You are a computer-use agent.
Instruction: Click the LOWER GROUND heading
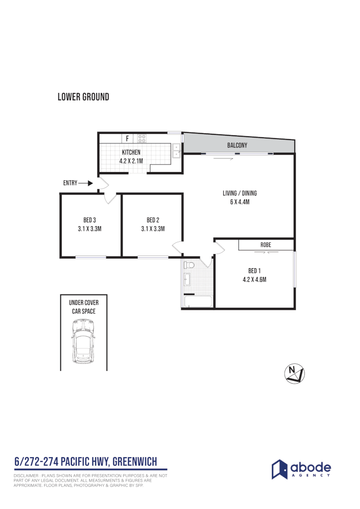tap(83, 97)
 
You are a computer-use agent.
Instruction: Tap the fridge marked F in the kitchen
tap(127, 139)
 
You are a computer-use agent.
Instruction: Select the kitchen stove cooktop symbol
tap(142, 139)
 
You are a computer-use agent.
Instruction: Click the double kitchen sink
tap(177, 150)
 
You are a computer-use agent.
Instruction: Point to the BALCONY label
tap(237, 146)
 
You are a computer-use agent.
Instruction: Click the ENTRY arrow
tap(86, 183)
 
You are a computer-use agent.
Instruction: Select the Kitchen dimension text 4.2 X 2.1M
tap(131, 161)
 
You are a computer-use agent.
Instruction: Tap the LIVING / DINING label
tap(240, 193)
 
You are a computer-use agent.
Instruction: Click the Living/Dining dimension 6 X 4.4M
tap(240, 202)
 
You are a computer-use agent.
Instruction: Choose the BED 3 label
tap(90, 220)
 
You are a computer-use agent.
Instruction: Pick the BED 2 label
tap(153, 220)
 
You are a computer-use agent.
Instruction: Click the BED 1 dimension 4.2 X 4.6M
tap(254, 279)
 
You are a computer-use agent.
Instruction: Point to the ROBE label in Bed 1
tap(265, 245)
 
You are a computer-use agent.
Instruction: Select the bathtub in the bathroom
tap(197, 302)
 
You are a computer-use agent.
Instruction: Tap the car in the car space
tap(83, 341)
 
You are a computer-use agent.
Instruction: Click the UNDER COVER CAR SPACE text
tap(83, 307)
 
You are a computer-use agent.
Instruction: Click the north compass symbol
tap(295, 373)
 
